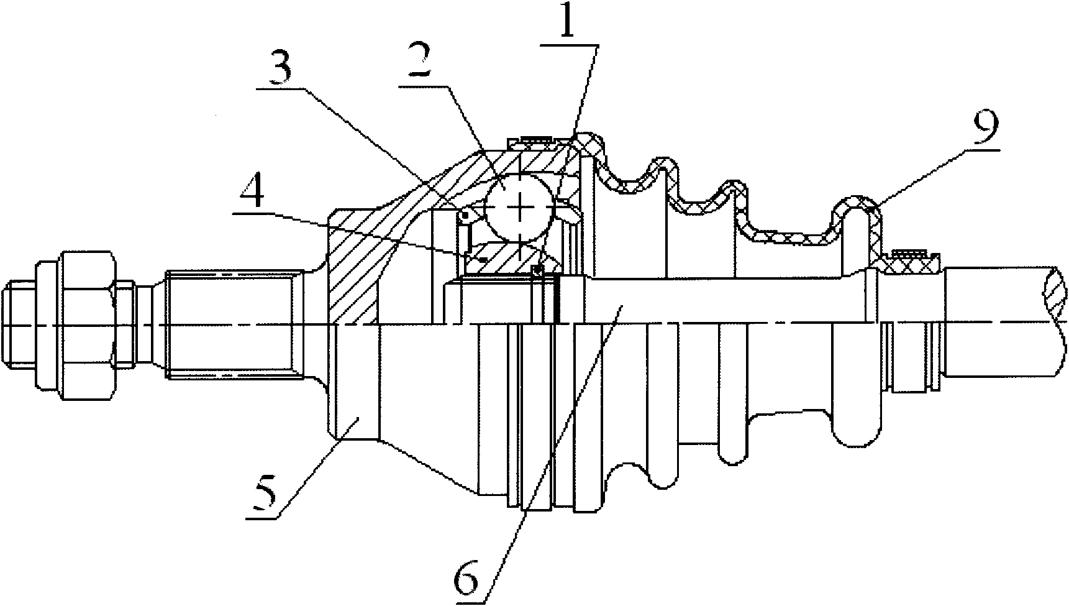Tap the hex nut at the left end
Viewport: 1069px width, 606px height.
pos(78,324)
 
